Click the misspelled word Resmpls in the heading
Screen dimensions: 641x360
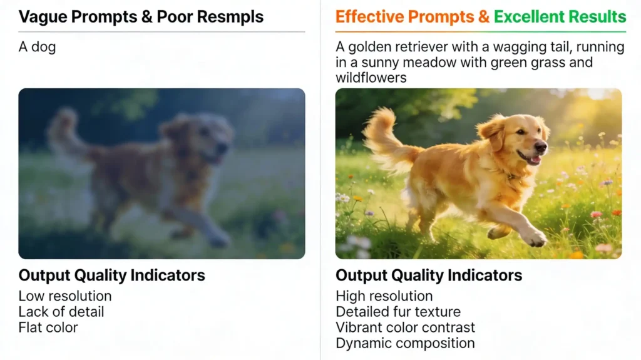point(230,17)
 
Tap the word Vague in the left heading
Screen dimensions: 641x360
point(43,17)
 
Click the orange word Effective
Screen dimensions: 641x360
point(369,17)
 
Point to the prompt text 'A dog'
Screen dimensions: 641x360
point(37,47)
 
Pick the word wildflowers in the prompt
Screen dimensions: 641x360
point(371,78)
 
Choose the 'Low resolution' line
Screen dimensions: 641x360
point(65,296)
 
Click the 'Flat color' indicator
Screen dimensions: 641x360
point(48,327)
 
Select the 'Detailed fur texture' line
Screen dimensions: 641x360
point(398,312)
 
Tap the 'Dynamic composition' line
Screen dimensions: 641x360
point(405,343)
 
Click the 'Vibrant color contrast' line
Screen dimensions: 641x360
point(405,327)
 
